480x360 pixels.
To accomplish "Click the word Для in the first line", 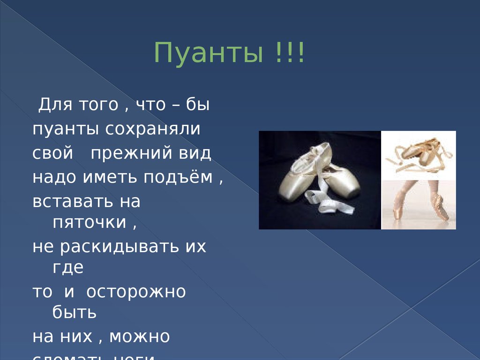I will (54, 105).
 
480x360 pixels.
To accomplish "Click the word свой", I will (53, 153).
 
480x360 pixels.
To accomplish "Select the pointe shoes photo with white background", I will (418, 155).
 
